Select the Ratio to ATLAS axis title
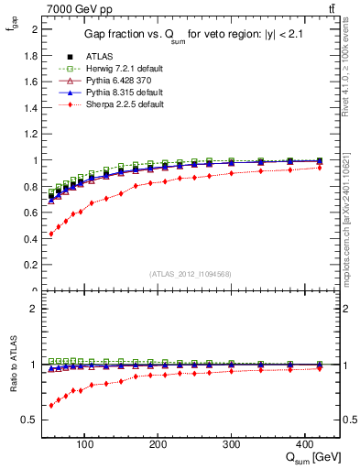click(x=13, y=364)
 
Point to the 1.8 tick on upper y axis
click(x=32, y=55)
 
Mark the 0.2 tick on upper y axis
click(x=32, y=266)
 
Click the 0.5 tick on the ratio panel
click(x=32, y=420)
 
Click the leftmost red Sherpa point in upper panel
click(x=51, y=234)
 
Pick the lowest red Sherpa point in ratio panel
click(x=51, y=405)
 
